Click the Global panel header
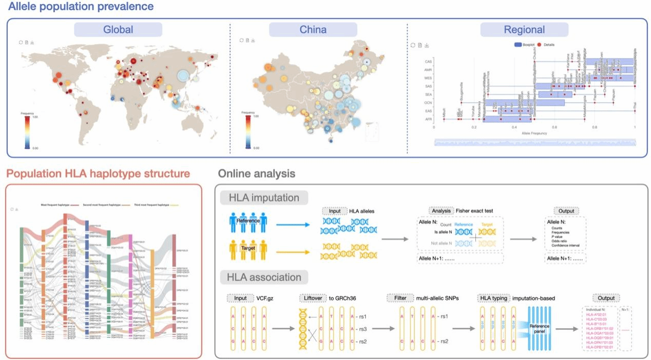pos(118,29)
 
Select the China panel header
pos(313,29)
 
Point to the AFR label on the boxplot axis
pos(427,119)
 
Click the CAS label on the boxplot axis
pos(427,61)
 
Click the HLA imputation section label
pos(263,198)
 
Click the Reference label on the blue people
pos(248,221)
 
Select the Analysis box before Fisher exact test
pos(441,211)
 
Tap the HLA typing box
pos(494,298)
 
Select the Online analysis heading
pos(257,174)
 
